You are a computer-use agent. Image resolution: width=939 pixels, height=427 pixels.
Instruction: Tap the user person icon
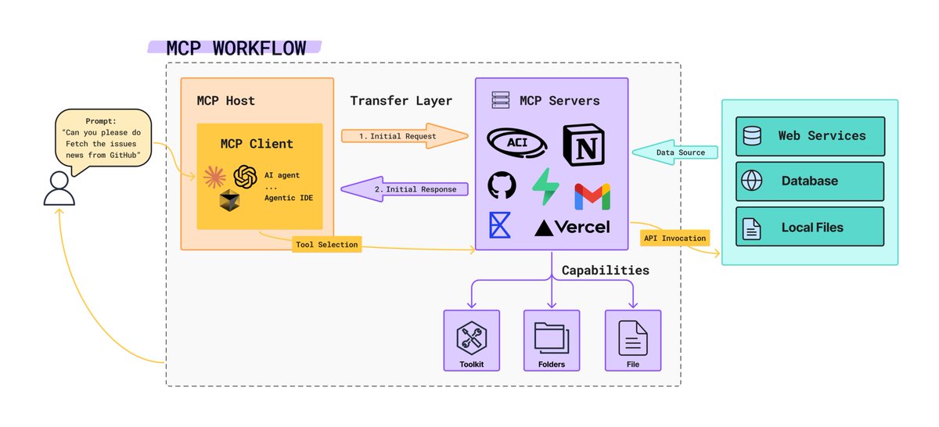tap(59, 187)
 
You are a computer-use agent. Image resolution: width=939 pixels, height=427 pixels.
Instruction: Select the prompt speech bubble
tap(103, 137)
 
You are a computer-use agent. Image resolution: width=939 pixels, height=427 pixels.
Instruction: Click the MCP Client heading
tap(257, 144)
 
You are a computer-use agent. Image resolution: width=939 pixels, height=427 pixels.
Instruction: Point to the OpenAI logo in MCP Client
tap(246, 177)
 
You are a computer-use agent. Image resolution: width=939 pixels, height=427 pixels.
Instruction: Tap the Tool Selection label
tap(327, 245)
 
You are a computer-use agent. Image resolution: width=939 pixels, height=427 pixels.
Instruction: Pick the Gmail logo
tap(592, 196)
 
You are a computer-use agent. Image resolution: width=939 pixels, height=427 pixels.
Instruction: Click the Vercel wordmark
tap(572, 228)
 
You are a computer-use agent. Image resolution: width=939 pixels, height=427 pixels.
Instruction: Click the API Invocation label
tap(674, 238)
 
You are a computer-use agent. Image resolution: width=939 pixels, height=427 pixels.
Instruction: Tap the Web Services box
tap(810, 136)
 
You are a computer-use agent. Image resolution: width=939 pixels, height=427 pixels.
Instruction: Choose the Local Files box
tap(810, 228)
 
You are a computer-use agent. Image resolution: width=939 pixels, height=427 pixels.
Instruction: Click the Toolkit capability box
tap(471, 341)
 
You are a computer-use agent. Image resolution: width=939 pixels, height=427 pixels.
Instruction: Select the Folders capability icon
tap(552, 336)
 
